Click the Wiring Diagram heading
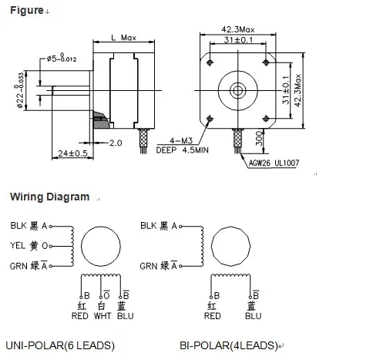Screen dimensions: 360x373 (x=49, y=197)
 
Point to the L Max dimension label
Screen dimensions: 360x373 (x=124, y=38)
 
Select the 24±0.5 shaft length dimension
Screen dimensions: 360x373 (x=72, y=153)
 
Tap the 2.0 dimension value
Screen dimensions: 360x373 (x=116, y=143)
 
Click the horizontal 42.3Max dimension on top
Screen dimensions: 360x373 (x=237, y=29)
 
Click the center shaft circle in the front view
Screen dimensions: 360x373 (x=237, y=89)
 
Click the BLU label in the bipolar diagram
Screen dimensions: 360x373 (x=253, y=315)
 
